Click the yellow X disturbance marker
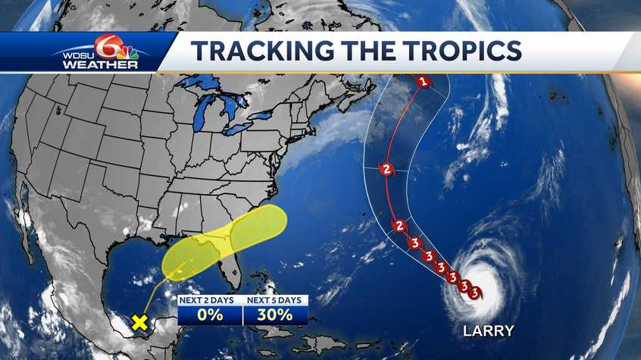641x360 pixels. click(x=139, y=321)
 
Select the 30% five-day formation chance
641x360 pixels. click(x=275, y=315)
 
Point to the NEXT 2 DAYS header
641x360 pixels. click(x=210, y=300)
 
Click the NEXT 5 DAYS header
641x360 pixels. click(x=275, y=300)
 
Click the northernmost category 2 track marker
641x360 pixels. click(x=387, y=169)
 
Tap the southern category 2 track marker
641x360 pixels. click(x=399, y=226)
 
